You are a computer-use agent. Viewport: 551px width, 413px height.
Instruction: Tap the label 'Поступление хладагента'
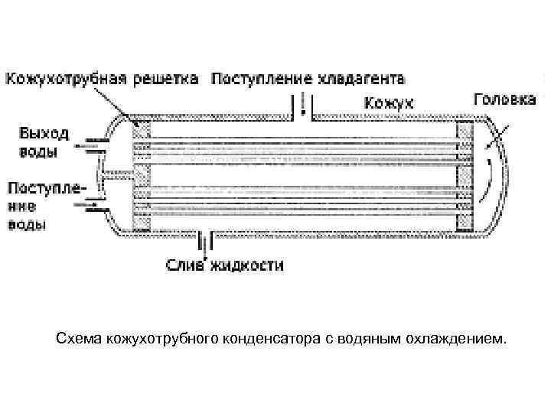[x=308, y=80]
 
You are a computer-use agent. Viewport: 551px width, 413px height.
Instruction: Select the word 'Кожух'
[x=388, y=102]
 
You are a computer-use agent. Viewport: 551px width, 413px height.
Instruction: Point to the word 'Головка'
[x=505, y=101]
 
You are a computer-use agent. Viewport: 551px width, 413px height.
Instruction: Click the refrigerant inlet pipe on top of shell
[x=303, y=107]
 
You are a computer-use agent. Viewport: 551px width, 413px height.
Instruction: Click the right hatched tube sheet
[x=465, y=175]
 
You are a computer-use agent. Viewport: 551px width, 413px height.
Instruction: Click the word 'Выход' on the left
[x=44, y=133]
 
